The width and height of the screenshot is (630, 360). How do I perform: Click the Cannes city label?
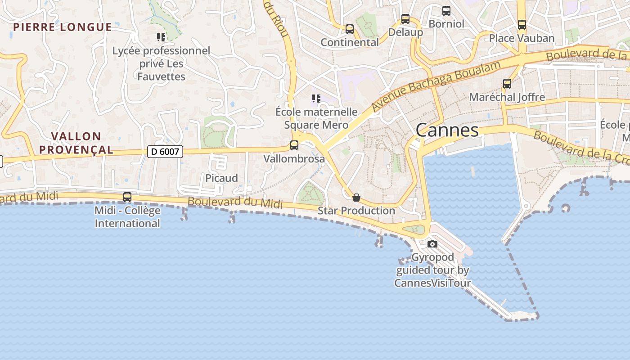pyautogui.click(x=447, y=130)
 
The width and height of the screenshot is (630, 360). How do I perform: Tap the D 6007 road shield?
pyautogui.click(x=165, y=152)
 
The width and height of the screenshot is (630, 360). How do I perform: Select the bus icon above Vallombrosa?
pyautogui.click(x=294, y=145)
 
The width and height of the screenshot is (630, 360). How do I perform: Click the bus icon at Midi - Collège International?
pyautogui.click(x=127, y=197)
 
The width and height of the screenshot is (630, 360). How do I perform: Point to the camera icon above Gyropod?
pyautogui.click(x=432, y=244)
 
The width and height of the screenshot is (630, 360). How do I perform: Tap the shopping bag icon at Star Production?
pyautogui.click(x=356, y=198)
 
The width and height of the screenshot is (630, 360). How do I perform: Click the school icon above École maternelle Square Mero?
pyautogui.click(x=316, y=98)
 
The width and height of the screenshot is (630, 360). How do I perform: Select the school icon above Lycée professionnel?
pyautogui.click(x=161, y=37)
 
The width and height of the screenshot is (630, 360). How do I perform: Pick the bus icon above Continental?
pyautogui.click(x=350, y=29)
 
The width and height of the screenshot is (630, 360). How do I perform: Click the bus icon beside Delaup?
pyautogui.click(x=405, y=19)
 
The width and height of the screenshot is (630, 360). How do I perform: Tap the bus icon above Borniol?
pyautogui.click(x=446, y=10)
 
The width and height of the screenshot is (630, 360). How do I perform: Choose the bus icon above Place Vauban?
pyautogui.click(x=522, y=24)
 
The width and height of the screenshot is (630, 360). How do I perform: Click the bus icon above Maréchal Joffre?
pyautogui.click(x=507, y=83)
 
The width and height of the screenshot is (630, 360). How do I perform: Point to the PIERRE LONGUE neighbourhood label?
pyautogui.click(x=62, y=27)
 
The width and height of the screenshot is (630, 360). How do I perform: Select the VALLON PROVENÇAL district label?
pyautogui.click(x=76, y=143)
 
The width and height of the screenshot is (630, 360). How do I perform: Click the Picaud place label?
pyautogui.click(x=221, y=178)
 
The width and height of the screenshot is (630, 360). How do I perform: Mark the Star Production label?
pyautogui.click(x=356, y=211)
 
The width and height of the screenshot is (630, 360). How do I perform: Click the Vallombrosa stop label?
pyautogui.click(x=294, y=159)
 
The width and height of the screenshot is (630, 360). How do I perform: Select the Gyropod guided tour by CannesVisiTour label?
pyautogui.click(x=432, y=270)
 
